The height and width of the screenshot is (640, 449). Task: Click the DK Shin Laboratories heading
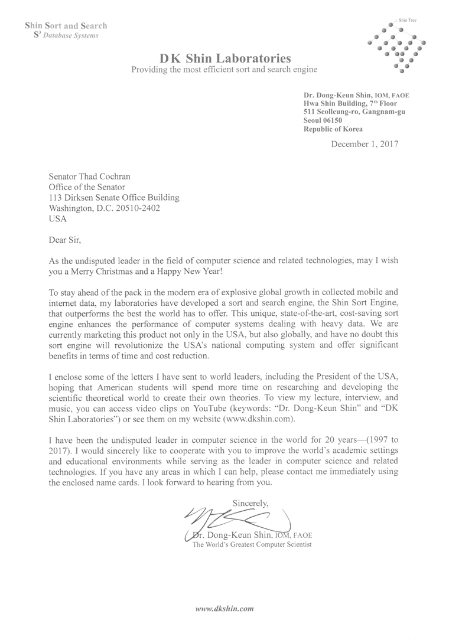(x=224, y=58)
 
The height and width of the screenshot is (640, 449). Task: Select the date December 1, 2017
(x=365, y=143)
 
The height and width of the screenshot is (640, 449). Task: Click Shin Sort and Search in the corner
(x=66, y=25)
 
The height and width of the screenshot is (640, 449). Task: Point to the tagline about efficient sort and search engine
(x=224, y=70)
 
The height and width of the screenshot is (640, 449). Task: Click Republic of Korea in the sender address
(x=333, y=129)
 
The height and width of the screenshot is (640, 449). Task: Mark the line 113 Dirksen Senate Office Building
(x=113, y=198)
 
